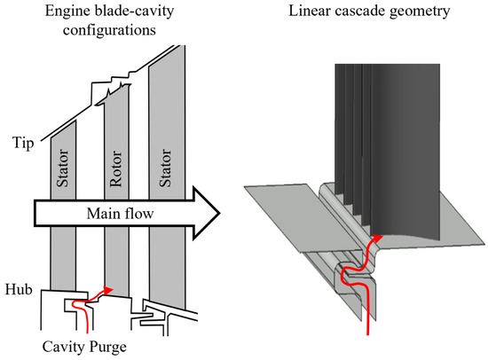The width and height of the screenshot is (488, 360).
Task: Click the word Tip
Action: [23, 144]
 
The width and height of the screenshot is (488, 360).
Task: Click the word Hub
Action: [19, 289]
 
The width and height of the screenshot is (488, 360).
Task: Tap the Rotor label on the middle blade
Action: [115, 168]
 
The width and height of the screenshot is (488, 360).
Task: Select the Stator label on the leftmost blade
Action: [62, 168]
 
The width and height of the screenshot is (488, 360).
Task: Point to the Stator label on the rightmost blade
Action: [165, 168]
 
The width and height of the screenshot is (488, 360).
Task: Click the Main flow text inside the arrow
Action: [120, 214]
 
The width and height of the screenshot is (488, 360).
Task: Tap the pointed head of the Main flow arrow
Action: [219, 214]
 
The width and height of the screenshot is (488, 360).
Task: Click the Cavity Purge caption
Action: [84, 347]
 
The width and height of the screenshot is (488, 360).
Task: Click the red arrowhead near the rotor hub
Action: [107, 290]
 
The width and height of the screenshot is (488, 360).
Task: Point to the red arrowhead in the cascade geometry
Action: [378, 238]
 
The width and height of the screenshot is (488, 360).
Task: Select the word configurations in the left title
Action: [109, 30]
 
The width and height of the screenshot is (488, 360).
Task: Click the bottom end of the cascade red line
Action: [368, 334]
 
